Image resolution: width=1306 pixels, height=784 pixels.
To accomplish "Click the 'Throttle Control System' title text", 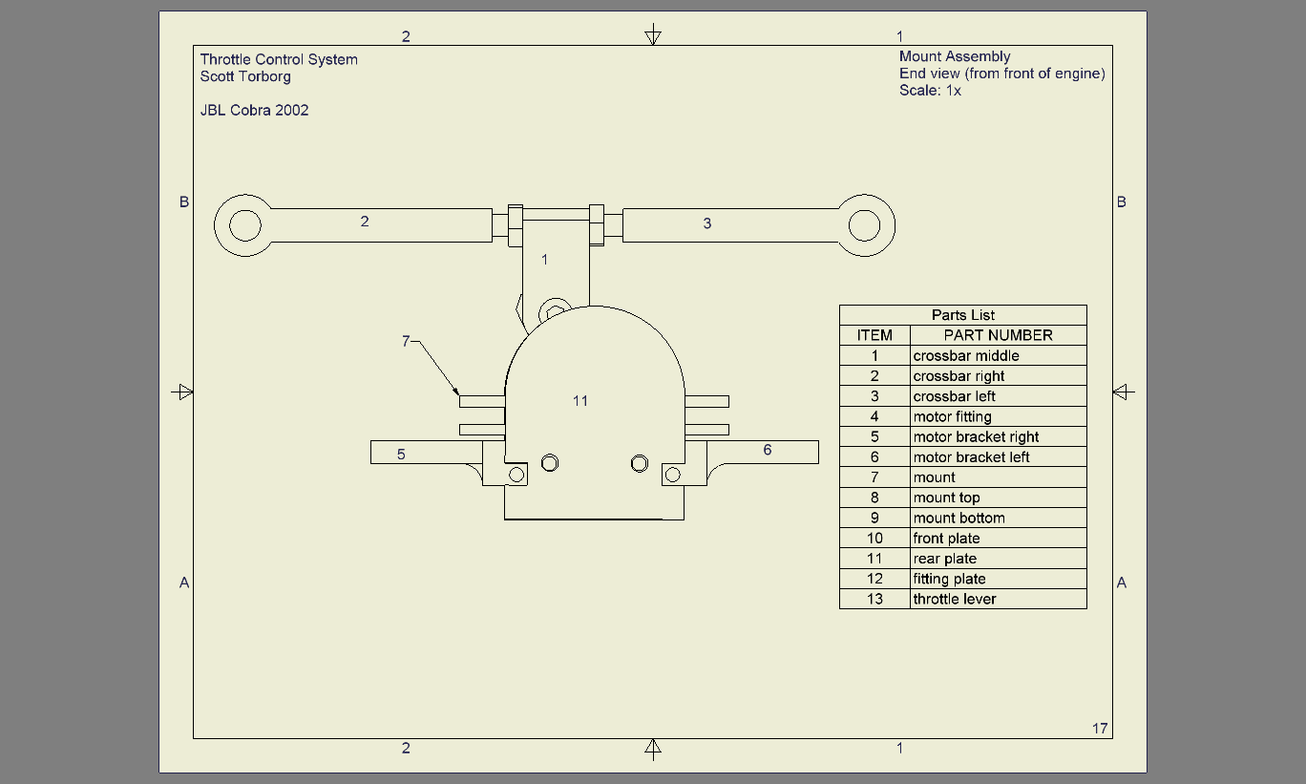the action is (x=279, y=60).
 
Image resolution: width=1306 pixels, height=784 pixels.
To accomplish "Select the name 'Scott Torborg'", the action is (x=245, y=77).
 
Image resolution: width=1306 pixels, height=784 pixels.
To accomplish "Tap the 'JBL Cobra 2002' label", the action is (x=254, y=110).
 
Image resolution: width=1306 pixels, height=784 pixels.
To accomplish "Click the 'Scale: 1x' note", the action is (x=930, y=91).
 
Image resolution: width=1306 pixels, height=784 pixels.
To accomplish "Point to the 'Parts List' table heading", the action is (x=963, y=315).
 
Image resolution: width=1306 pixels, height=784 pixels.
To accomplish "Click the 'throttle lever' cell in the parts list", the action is (x=955, y=599).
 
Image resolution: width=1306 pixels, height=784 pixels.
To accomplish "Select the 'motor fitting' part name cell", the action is (x=952, y=416).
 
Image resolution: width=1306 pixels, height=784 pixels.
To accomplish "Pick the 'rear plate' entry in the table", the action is (x=944, y=559).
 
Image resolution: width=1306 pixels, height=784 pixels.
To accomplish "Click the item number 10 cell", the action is (x=874, y=539).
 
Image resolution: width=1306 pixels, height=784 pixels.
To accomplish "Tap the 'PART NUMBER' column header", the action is (x=999, y=335).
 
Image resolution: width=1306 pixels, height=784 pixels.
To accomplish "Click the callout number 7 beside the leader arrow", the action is (x=406, y=341).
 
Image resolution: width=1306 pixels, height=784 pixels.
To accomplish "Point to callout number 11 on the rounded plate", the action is (x=580, y=401).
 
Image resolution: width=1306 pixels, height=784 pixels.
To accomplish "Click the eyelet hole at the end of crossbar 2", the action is (x=244, y=225).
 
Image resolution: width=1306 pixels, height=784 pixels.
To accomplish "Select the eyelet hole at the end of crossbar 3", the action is (x=864, y=225).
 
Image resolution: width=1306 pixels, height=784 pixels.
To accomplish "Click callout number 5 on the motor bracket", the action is (x=401, y=455).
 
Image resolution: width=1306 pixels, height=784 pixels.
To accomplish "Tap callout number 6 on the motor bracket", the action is (x=768, y=450).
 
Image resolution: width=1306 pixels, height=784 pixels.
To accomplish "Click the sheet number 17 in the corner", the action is (x=1100, y=729).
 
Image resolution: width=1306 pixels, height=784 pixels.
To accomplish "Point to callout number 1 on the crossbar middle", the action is (x=544, y=260).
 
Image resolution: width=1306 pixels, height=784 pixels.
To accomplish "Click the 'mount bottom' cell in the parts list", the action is (x=959, y=518).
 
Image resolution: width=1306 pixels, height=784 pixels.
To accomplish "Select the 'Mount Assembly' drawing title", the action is (x=955, y=56).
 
